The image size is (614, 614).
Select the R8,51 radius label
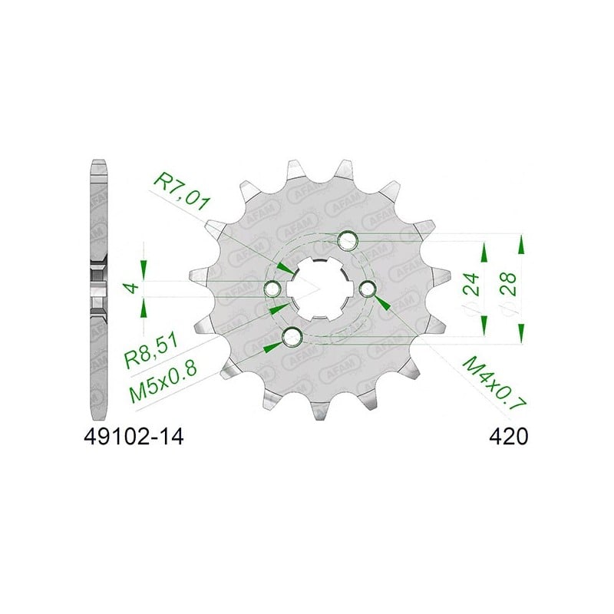click(151, 351)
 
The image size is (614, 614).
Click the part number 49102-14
click(134, 437)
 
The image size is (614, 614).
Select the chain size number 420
click(508, 437)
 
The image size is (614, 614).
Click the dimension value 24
click(471, 284)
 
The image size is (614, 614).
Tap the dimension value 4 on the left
click(133, 288)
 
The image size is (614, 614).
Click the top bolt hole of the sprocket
click(348, 240)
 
